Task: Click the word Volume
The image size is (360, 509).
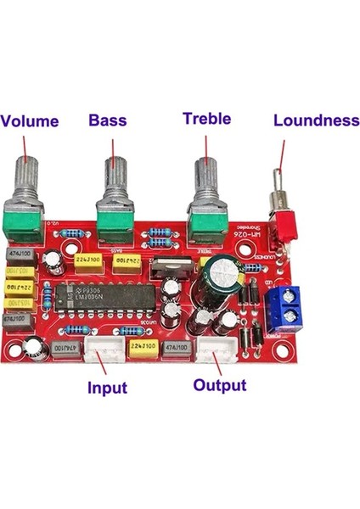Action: pos(31,120)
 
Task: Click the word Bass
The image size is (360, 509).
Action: pos(108,120)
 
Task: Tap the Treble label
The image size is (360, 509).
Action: pos(206,119)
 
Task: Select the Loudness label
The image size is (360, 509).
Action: pos(316,120)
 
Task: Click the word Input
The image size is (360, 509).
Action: pos(107,388)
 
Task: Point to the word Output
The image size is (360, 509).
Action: pos(220,385)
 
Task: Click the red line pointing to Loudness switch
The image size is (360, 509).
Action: pos(282,159)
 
